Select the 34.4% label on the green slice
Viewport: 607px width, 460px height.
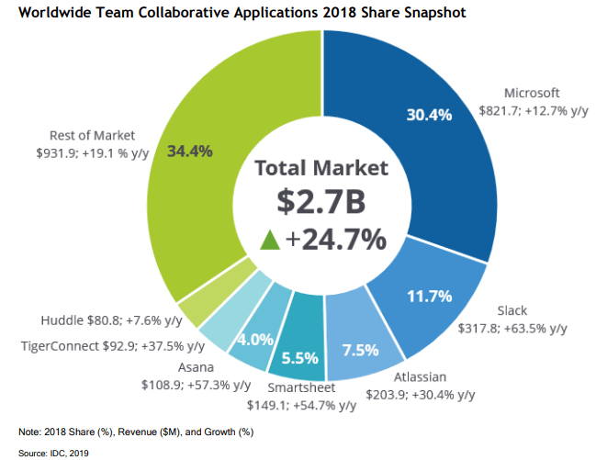(x=190, y=150)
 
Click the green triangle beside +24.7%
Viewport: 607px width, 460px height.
(x=269, y=241)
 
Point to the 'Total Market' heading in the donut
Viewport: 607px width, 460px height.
(x=321, y=168)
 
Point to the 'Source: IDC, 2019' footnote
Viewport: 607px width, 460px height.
(x=53, y=452)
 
